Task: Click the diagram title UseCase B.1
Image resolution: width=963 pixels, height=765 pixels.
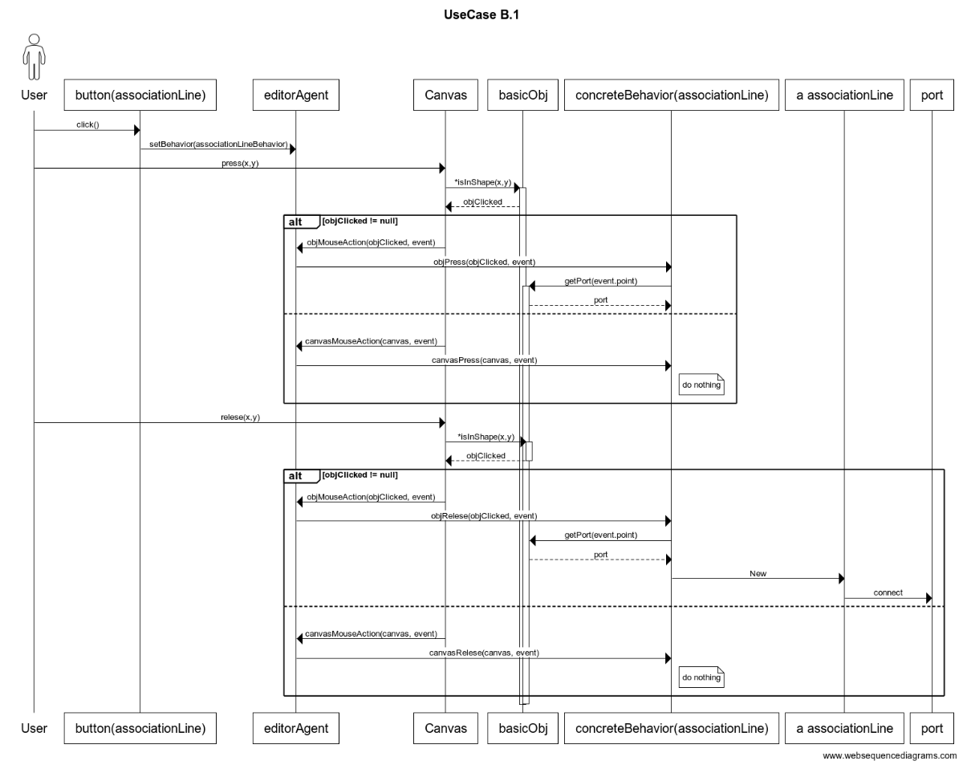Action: (x=481, y=14)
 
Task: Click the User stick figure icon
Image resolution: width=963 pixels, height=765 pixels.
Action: (x=34, y=57)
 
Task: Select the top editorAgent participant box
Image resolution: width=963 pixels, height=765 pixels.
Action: (x=296, y=95)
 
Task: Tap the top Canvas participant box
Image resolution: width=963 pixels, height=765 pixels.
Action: (x=445, y=95)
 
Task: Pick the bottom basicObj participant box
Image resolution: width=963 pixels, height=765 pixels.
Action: (x=522, y=728)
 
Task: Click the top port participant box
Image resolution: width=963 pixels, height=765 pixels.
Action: (x=932, y=95)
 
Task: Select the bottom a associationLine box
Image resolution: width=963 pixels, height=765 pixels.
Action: (x=844, y=728)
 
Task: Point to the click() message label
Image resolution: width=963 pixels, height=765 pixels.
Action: (x=87, y=124)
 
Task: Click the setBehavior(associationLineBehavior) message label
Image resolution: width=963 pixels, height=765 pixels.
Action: (x=218, y=144)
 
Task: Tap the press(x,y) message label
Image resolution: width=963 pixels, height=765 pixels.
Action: (x=240, y=163)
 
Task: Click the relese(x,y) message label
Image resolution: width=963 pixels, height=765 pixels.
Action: (x=240, y=417)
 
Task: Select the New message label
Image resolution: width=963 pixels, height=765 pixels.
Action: (x=758, y=573)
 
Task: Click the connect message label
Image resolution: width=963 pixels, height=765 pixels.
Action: (x=888, y=592)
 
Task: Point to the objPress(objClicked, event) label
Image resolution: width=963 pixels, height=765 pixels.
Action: (x=484, y=262)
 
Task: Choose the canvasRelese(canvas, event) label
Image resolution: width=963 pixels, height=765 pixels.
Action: (x=484, y=653)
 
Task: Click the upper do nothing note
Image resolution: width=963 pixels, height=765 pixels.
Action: (x=701, y=385)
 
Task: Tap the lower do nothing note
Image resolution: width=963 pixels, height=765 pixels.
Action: (x=701, y=678)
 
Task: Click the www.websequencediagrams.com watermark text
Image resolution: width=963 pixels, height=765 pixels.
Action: (x=890, y=755)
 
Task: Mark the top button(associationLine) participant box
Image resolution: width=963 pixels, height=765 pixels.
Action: (x=140, y=95)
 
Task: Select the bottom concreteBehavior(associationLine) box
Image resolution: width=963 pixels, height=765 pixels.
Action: (x=671, y=728)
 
